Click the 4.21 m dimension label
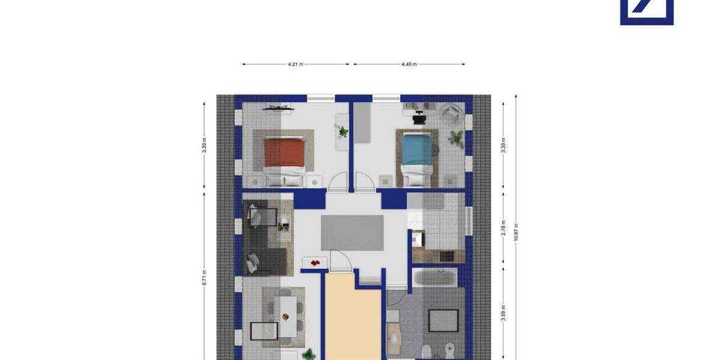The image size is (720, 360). coord(295,64)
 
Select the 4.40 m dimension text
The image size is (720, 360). coord(409,64)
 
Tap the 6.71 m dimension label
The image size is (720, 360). coord(204,277)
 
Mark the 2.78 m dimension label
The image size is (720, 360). coord(503,228)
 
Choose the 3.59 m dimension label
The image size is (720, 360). coord(503,314)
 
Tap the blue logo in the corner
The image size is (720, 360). coord(646,12)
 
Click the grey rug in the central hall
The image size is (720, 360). coord(352,233)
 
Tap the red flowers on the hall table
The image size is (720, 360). coord(315,262)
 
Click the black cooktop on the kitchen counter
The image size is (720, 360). coord(448,256)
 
